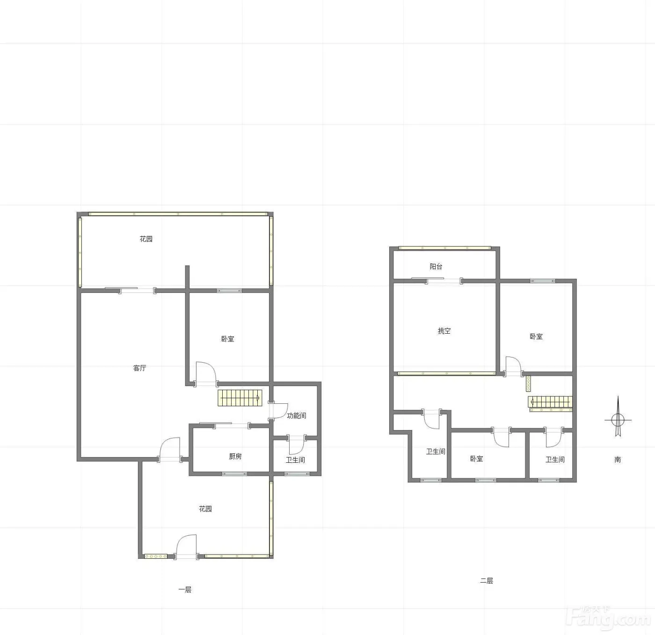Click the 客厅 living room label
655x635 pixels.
[x=140, y=368]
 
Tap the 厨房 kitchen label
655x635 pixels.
[x=235, y=457]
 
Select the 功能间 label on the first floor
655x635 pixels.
[x=297, y=416]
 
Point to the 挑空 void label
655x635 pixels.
[x=444, y=331]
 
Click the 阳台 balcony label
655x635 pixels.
[x=436, y=267]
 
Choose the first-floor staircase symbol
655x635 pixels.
[x=240, y=398]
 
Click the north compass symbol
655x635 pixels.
[x=618, y=417]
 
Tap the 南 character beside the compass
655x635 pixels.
[x=618, y=460]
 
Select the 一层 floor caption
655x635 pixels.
[x=185, y=590]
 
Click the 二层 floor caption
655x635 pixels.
[x=487, y=580]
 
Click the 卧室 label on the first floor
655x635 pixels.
[x=228, y=339]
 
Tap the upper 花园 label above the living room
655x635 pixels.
[x=146, y=239]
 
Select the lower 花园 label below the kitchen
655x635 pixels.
[x=205, y=509]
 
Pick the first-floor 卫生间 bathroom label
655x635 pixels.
[x=296, y=460]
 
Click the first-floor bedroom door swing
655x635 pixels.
[x=206, y=374]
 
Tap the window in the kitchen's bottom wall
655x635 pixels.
[x=234, y=474]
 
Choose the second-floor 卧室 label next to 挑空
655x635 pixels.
[x=536, y=336]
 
